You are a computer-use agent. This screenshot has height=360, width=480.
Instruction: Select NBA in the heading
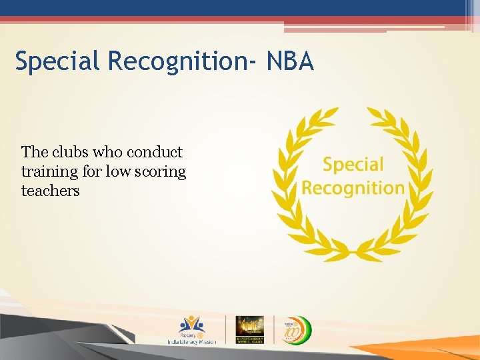pyautogui.click(x=289, y=62)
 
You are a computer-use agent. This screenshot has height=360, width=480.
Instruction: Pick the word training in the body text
pyautogui.click(x=49, y=172)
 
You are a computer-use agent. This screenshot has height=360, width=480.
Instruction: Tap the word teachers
pyautogui.click(x=50, y=191)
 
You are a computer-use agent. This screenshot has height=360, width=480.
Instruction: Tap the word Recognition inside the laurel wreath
pyautogui.click(x=353, y=187)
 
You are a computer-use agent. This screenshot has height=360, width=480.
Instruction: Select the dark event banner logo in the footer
pyautogui.click(x=250, y=329)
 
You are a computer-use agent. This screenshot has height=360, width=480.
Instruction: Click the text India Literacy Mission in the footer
pyautogui.click(x=191, y=341)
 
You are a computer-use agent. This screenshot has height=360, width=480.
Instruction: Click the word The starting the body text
pyautogui.click(x=34, y=152)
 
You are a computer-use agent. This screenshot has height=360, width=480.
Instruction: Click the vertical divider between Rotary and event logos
pyautogui.click(x=225, y=329)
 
